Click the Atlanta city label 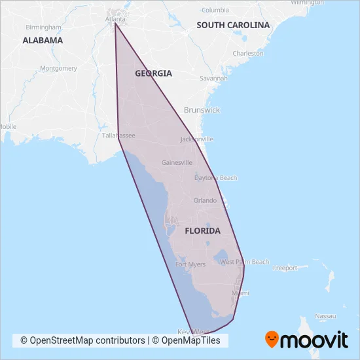coord(115,19)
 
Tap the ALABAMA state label coord(43,40)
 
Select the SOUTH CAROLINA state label coord(233,25)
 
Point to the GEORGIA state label coord(153,73)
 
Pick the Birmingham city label coord(43,27)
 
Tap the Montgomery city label coord(59,68)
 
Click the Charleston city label coord(248,54)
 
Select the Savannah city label coord(214,78)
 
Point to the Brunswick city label coord(202,110)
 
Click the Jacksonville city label coord(196,139)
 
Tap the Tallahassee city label coord(118,135)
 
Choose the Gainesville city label coord(177,162)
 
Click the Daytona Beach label coord(216,178)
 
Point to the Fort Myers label coord(190,264)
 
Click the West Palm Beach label coord(244,262)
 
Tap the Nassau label coord(325,316)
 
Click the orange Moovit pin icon coord(272,340)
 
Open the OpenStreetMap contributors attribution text coord(83,340)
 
